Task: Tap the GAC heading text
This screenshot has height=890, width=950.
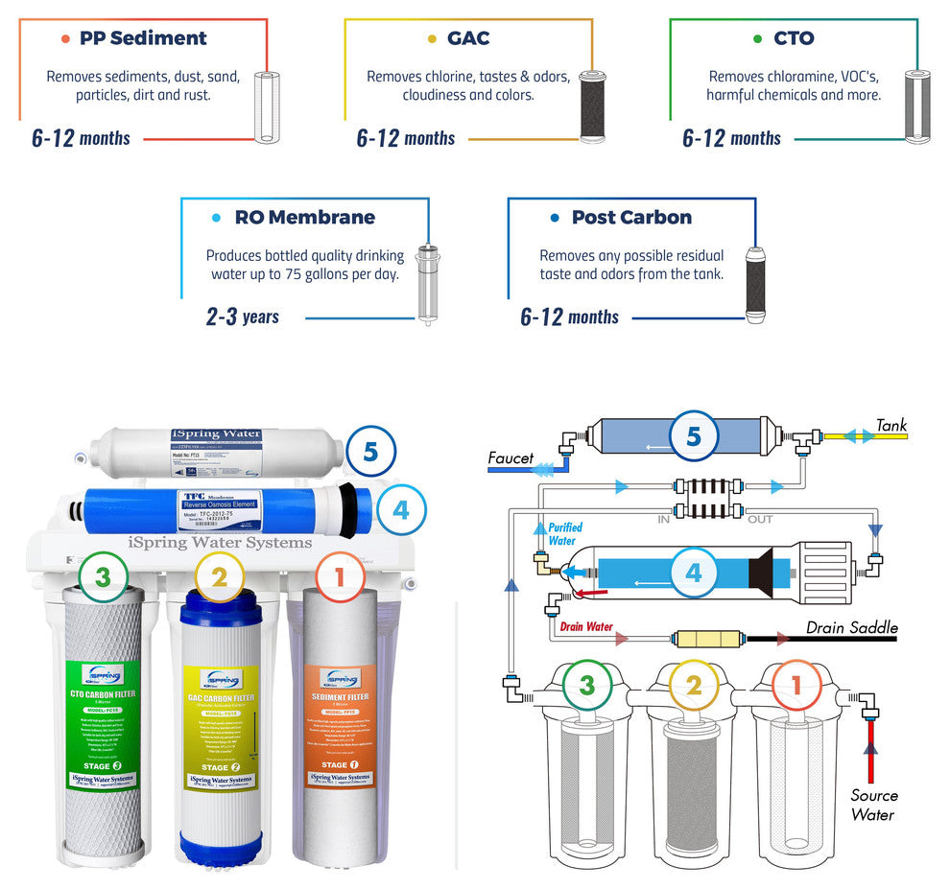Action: [x=468, y=38]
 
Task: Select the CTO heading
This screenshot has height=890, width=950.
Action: [x=794, y=38]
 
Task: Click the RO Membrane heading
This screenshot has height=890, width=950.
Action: [x=304, y=217]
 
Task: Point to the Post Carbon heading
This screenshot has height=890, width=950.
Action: [x=631, y=217]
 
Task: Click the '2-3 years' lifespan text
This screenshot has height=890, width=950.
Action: [x=242, y=316]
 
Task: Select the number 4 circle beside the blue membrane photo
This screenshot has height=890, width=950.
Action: [x=400, y=509]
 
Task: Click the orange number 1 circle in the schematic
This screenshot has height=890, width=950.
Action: [x=793, y=686]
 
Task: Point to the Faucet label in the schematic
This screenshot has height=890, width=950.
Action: [x=511, y=458]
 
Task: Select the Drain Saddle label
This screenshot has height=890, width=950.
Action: [x=851, y=628]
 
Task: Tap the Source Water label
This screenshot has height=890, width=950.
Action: [x=873, y=805]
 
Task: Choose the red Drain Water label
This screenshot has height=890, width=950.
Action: [x=586, y=627]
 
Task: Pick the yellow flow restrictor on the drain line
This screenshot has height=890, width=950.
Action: [x=707, y=637]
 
